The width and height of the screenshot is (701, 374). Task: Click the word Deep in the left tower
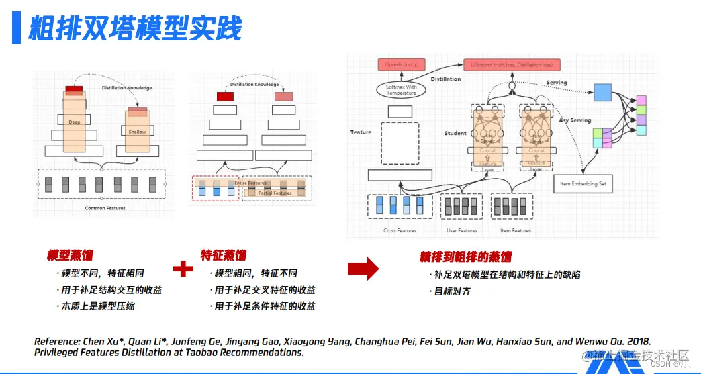(74, 122)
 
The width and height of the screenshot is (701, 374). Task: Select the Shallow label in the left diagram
(137, 132)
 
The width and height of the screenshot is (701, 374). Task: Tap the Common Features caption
(105, 209)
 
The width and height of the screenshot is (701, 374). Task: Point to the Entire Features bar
(250, 183)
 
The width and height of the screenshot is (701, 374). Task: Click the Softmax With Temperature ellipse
(401, 90)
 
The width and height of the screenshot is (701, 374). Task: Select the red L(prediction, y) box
(402, 64)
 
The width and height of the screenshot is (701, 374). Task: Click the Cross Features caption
(400, 231)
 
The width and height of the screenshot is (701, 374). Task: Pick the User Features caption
(462, 231)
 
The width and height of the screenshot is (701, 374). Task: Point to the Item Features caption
(516, 231)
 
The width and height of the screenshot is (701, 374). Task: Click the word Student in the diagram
(455, 133)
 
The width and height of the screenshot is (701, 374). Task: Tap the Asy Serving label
(575, 120)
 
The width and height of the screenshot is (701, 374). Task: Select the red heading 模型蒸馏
(70, 256)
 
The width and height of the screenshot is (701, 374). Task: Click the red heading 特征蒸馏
(224, 256)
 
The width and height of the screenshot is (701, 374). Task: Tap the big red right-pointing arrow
(363, 269)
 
